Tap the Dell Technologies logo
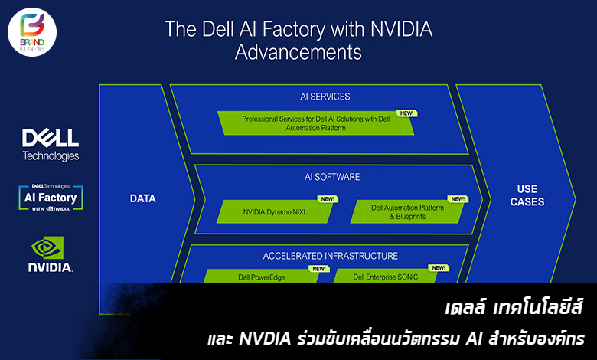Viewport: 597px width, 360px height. click(51, 145)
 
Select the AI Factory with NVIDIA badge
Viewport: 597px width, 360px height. click(51, 198)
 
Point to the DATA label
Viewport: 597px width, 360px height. click(142, 198)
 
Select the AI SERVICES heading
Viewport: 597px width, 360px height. click(325, 97)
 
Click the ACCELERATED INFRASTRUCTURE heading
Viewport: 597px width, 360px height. click(331, 256)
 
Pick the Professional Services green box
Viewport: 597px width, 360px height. click(315, 123)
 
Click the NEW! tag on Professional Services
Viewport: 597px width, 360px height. click(406, 113)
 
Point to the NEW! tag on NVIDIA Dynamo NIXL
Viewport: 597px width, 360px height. click(328, 199)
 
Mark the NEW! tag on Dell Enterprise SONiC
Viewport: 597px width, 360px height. click(439, 268)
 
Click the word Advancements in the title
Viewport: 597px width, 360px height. click(298, 53)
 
